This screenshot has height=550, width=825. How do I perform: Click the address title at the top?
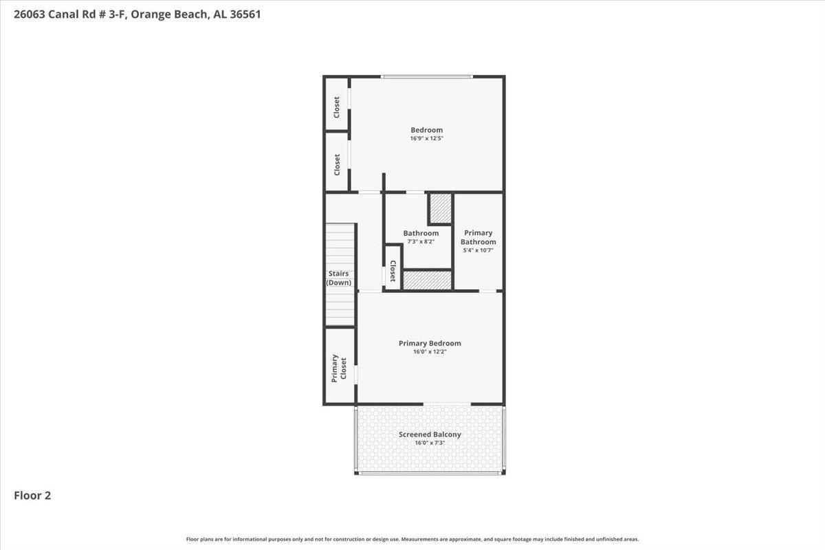pos(137,14)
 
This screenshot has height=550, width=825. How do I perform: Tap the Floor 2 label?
pos(32,496)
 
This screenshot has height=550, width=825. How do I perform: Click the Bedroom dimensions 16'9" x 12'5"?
pos(426,138)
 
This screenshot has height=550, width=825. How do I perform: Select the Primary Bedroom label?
pos(430,343)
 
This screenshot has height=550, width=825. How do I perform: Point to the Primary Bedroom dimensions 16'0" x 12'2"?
pos(430,352)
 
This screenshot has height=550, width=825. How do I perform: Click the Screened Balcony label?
pos(430,434)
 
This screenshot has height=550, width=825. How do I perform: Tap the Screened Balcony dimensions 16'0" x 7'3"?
pos(430,443)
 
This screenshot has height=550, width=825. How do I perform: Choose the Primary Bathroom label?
pos(478,237)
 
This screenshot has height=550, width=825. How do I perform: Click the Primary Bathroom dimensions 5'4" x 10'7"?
pos(478,250)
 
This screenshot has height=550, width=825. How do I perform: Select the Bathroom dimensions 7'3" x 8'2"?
pos(421,242)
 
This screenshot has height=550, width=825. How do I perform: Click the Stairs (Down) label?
pos(338,278)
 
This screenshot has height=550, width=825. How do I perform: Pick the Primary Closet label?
pos(339,368)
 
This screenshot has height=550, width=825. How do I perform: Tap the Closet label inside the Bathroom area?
pos(393,271)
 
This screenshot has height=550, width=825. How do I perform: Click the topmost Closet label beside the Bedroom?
pos(337,107)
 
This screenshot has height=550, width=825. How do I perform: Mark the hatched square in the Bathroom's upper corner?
pos(441,208)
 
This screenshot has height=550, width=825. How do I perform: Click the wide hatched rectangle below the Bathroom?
pos(427,280)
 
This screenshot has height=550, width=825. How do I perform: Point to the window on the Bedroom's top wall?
pos(427,77)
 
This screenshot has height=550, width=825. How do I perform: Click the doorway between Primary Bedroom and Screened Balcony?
pos(447,404)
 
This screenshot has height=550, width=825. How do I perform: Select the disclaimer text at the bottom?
pos(412,539)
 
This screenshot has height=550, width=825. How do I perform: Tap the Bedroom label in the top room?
pos(426,130)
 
